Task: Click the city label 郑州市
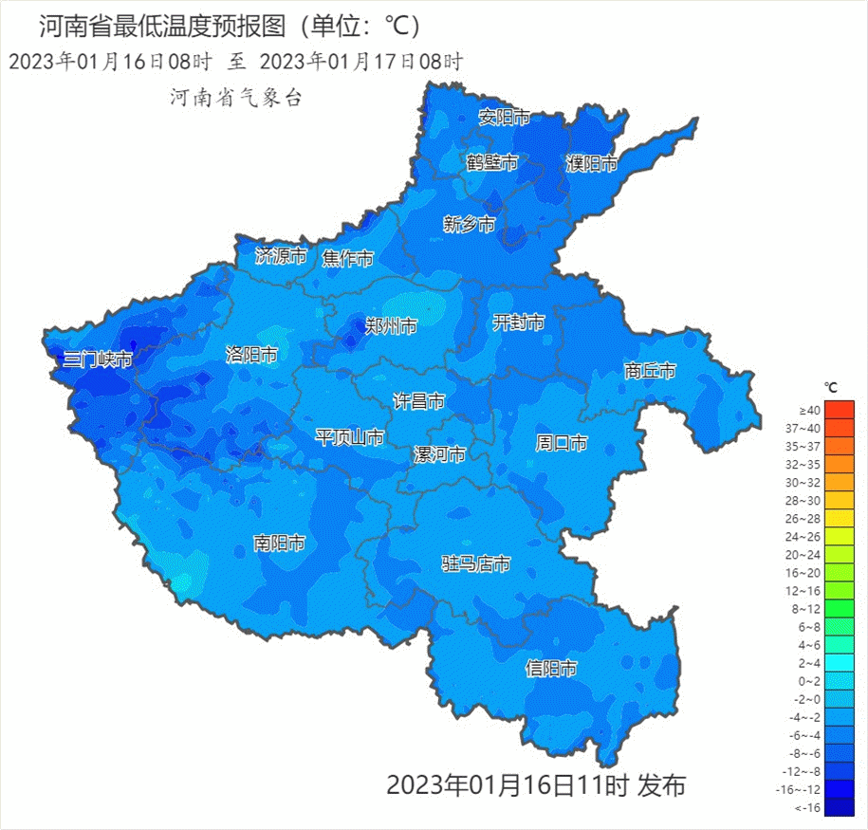[391, 327]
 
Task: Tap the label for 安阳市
[504, 118]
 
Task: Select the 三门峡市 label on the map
[98, 360]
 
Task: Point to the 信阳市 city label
[551, 669]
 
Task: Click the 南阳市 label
[279, 544]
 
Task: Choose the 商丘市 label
[650, 371]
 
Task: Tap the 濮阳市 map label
[592, 164]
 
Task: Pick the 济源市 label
[282, 256]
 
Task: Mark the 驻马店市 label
[476, 564]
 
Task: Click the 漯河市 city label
[439, 454]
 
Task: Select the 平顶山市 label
[350, 437]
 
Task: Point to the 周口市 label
[562, 443]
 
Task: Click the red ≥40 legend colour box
[839, 410]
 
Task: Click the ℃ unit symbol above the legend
[830, 387]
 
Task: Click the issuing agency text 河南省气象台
[235, 97]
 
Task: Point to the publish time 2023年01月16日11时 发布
[535, 785]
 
